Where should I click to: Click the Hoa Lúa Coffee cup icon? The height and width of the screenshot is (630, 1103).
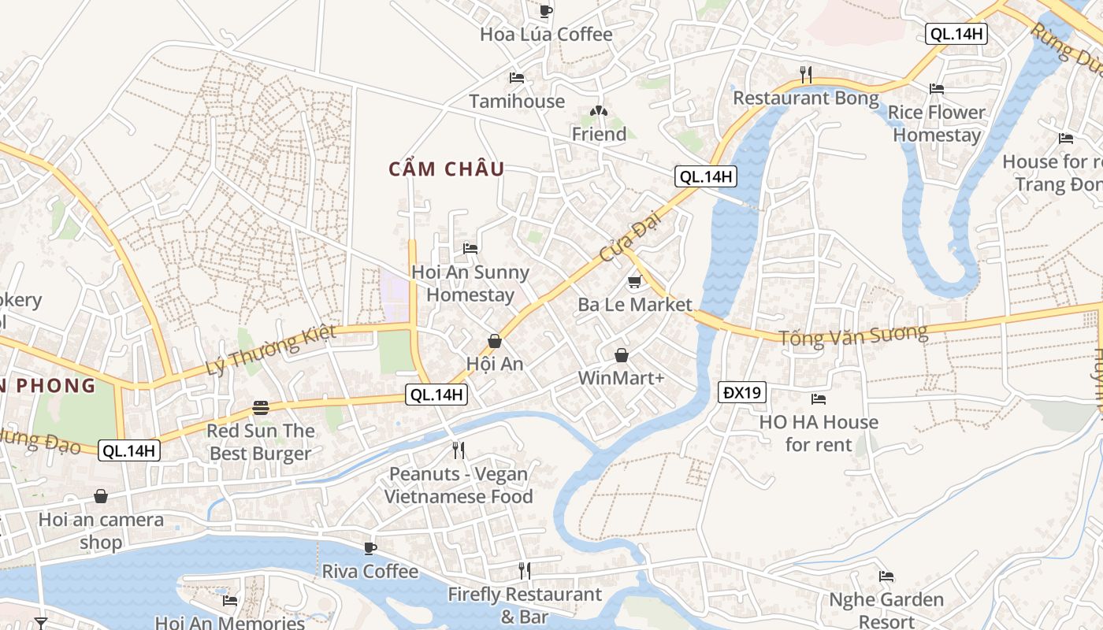pos(545,11)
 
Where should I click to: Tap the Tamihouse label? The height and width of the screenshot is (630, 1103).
pos(517,102)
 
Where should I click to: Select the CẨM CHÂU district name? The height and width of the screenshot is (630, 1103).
pos(447,169)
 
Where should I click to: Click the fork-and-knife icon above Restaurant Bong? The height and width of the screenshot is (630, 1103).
pos(805,75)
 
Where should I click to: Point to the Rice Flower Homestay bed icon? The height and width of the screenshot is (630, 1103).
pos(936,89)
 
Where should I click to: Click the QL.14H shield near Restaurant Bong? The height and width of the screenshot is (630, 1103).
pos(705,177)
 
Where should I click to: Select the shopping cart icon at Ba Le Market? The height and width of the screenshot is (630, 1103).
pos(634,282)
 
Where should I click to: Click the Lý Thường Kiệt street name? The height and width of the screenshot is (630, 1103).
pos(270,350)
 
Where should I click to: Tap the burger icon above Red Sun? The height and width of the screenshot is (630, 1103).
pos(261,408)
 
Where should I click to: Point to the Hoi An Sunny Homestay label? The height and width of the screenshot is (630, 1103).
pos(470,284)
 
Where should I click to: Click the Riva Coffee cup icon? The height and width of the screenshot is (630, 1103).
pos(370,548)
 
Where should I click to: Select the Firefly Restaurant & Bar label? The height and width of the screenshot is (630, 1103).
pos(525,605)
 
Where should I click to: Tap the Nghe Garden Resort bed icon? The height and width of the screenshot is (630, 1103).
pos(886,576)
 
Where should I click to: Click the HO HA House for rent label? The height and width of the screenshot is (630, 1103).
pos(819,433)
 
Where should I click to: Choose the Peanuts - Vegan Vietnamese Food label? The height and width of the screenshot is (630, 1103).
pos(459,485)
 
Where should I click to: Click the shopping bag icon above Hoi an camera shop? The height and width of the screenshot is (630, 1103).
pos(101,496)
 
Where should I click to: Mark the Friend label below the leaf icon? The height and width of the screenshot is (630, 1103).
pos(599,135)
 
